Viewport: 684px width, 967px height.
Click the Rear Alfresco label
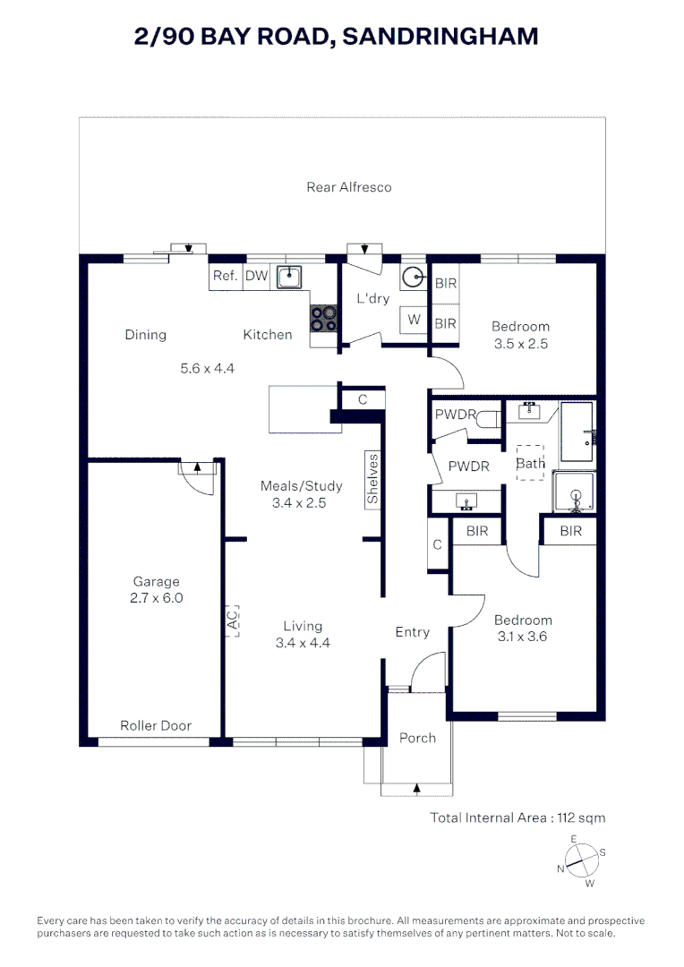349,187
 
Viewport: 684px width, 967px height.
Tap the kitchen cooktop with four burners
324,318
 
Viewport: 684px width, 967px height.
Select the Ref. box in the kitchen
226,277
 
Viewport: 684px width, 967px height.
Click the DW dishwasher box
257,277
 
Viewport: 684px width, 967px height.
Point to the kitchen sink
288,277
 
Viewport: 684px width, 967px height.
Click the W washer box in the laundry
414,320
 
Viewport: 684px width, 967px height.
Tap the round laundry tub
414,278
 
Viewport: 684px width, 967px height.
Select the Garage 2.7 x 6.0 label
156,589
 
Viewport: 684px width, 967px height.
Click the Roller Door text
156,726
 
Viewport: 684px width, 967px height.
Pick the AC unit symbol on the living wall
232,620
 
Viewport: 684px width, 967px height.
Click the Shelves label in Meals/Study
372,479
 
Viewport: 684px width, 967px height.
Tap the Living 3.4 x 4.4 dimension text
303,643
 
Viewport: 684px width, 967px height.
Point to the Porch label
417,738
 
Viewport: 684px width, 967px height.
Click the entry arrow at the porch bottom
417,788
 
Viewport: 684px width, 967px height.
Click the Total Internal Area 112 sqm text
517,818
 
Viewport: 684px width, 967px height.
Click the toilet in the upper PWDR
491,419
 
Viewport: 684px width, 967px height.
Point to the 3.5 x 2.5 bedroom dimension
520,344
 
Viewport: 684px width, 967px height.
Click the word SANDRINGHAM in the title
440,37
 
